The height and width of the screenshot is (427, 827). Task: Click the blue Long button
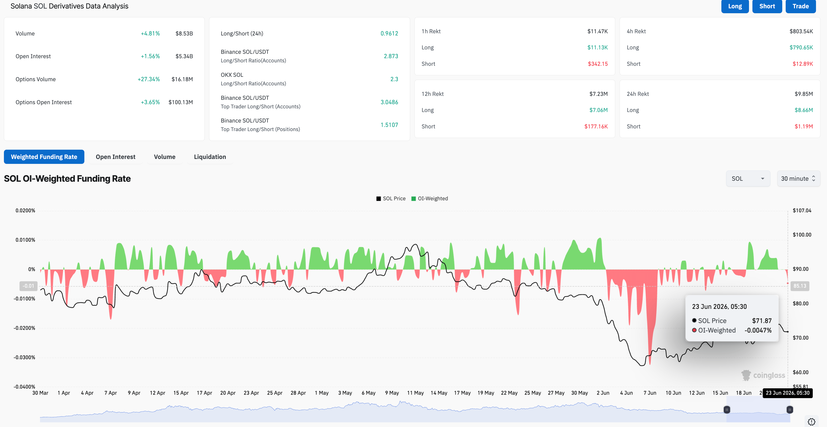click(x=735, y=6)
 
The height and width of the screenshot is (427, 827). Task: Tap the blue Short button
click(x=767, y=6)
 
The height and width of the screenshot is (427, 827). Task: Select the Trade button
click(x=800, y=6)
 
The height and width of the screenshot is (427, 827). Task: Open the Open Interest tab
click(x=116, y=157)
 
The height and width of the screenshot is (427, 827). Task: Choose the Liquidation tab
click(x=210, y=157)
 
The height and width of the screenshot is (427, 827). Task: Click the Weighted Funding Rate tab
click(x=44, y=157)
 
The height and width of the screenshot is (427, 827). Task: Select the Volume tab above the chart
click(x=165, y=157)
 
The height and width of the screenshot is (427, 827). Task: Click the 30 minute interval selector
click(x=798, y=179)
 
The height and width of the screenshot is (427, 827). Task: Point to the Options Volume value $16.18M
click(x=182, y=79)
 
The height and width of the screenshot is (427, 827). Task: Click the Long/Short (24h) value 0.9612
click(x=389, y=34)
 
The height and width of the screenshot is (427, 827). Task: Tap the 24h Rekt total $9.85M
click(x=804, y=94)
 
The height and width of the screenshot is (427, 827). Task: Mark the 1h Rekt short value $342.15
click(x=597, y=64)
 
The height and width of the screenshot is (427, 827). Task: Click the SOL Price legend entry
click(x=391, y=198)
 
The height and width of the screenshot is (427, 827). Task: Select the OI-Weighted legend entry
click(x=430, y=198)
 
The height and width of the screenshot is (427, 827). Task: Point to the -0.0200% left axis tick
click(x=24, y=328)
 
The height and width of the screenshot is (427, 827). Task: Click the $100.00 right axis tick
click(x=802, y=235)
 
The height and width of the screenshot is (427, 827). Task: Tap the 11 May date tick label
click(x=415, y=393)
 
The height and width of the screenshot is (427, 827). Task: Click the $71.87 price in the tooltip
click(x=761, y=321)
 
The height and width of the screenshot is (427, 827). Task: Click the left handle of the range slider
click(x=727, y=410)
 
